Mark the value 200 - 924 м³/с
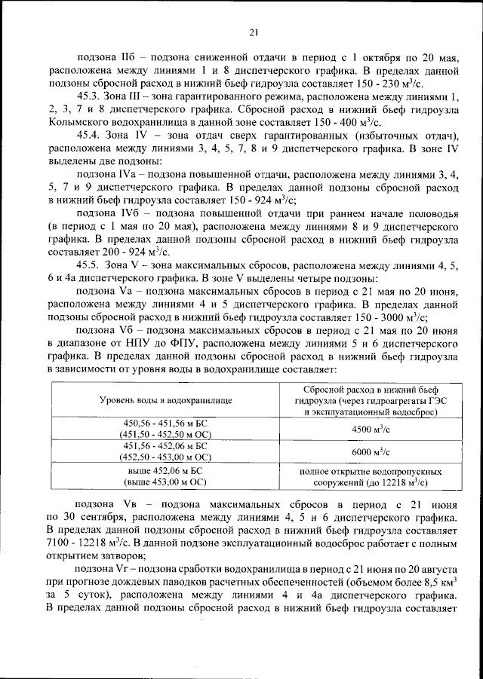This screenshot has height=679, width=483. [135, 252]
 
